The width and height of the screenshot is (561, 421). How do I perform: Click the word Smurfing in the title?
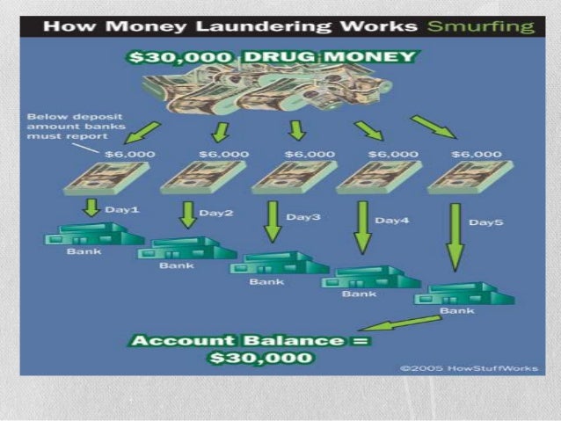(478, 26)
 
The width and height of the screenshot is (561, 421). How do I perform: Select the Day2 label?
(215, 213)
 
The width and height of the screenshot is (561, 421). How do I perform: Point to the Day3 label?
(303, 216)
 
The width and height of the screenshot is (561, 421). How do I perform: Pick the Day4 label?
(392, 220)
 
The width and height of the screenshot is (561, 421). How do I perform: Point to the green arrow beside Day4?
(361, 229)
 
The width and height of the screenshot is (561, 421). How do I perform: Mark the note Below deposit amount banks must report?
(67, 126)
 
